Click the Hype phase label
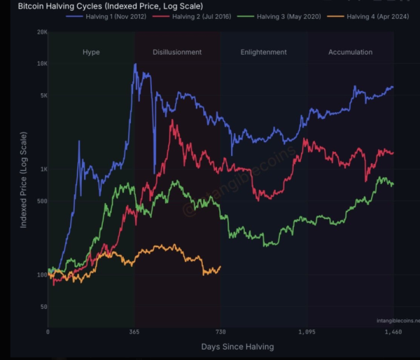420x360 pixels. pyautogui.click(x=91, y=53)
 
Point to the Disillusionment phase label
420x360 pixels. pyautogui.click(x=177, y=53)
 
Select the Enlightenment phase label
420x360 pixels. pyautogui.click(x=263, y=53)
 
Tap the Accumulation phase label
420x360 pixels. pyautogui.click(x=350, y=53)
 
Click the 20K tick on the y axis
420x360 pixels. pyautogui.click(x=41, y=32)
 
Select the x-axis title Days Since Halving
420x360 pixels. pyautogui.click(x=237, y=347)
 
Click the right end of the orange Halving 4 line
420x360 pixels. pyautogui.click(x=220, y=267)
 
